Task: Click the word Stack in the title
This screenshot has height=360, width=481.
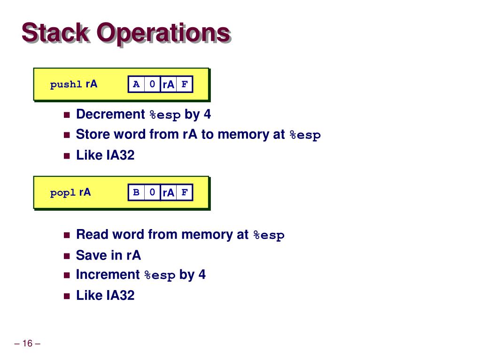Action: [55, 33]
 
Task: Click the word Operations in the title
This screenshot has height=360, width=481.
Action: [163, 33]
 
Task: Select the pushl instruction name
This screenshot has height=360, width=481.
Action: [66, 85]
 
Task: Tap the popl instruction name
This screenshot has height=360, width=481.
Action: [63, 193]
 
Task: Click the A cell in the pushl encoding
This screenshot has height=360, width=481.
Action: [136, 84]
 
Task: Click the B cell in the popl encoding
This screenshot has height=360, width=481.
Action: [136, 192]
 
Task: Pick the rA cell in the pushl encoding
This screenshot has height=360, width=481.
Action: [168, 84]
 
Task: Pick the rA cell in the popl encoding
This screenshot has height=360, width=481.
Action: [168, 192]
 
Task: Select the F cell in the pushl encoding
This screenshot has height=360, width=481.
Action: [185, 84]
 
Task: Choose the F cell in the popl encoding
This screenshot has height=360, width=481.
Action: [185, 192]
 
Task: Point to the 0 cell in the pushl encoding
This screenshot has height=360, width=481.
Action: [152, 84]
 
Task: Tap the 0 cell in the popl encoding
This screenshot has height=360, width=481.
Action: [152, 192]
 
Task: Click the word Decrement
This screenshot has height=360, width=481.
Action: [110, 115]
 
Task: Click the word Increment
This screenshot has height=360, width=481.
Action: [108, 275]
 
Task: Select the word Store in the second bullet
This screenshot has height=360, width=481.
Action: [92, 135]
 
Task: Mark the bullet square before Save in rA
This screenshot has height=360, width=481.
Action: [66, 256]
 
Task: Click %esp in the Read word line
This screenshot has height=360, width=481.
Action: [269, 235]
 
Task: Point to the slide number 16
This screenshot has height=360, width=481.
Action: [27, 344]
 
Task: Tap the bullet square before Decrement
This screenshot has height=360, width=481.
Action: [66, 115]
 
